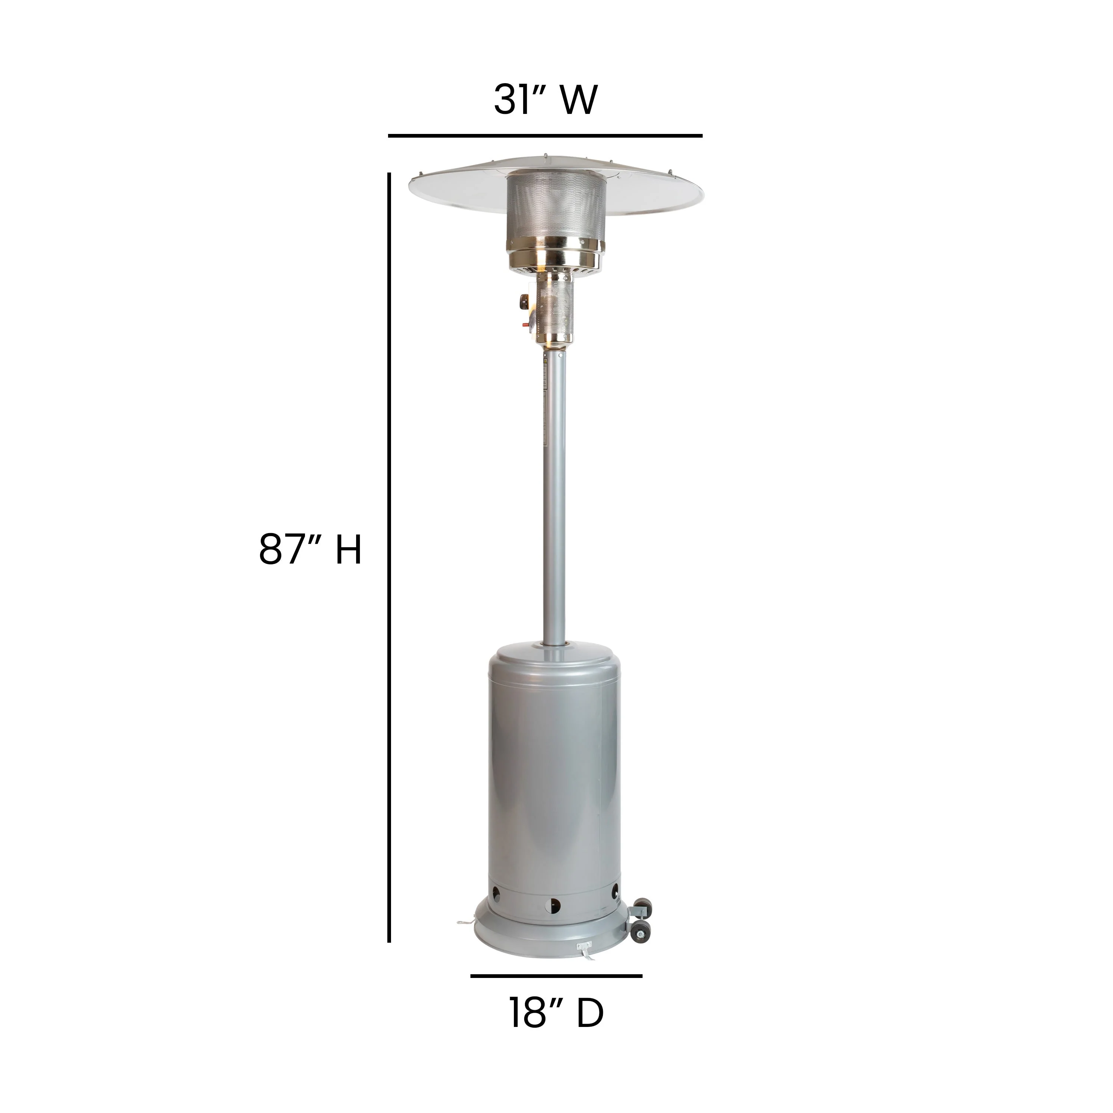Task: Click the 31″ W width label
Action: click(545, 100)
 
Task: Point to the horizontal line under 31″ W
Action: click(545, 136)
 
